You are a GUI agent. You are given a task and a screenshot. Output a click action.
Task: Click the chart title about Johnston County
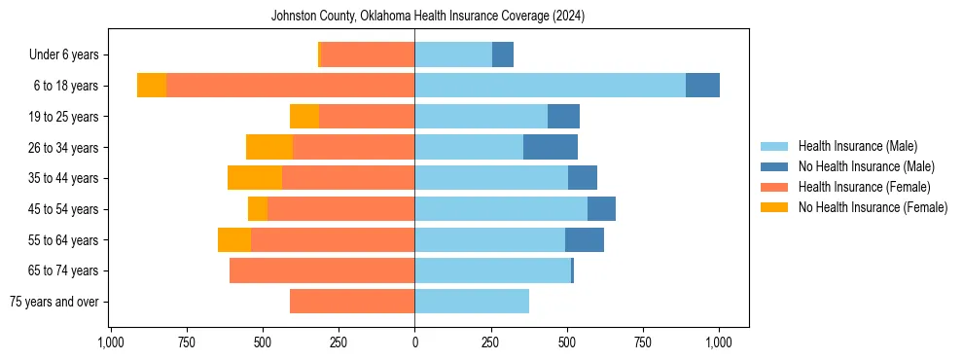coord(428,16)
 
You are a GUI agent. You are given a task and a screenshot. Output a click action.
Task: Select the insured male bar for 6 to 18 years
coord(550,86)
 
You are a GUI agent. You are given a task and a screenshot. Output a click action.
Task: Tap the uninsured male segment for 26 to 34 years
coord(551,147)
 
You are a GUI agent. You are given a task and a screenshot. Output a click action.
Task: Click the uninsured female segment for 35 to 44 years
coord(255,178)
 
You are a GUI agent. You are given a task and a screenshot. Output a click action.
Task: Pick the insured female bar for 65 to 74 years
coord(322,270)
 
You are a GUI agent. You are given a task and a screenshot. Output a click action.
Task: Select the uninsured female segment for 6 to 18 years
coord(152,86)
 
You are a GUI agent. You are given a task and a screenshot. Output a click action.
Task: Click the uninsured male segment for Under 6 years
coord(503,54)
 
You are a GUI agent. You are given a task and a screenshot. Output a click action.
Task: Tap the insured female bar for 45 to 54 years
coord(340,209)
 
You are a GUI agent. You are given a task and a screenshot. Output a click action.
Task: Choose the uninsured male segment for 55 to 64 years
coord(585,239)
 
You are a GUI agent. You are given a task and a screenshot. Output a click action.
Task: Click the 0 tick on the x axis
coord(415,342)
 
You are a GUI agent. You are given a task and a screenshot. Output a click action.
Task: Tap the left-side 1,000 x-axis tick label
coord(110,342)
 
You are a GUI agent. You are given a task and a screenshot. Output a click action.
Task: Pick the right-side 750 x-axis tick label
coord(643,342)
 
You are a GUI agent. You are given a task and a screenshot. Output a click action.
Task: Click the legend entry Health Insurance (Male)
coord(857,146)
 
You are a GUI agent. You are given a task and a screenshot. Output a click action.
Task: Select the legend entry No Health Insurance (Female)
coord(873,207)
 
